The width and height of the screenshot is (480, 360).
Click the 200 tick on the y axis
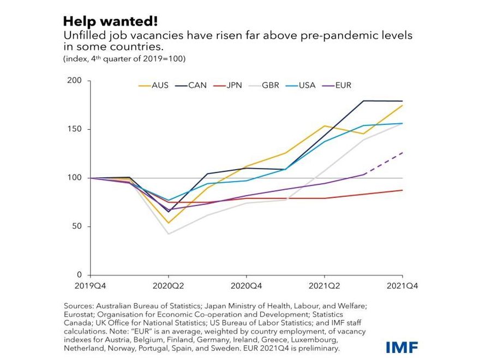[75, 81]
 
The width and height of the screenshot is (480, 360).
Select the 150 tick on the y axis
[75, 129]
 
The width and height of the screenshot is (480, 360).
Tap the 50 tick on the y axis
[77, 226]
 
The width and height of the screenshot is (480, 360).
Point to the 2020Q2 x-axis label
[168, 285]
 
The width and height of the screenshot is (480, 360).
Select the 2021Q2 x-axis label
[325, 285]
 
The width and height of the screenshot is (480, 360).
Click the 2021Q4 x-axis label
[403, 285]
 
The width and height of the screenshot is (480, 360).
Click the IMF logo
[403, 347]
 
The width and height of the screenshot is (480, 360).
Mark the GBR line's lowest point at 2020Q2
[168, 234]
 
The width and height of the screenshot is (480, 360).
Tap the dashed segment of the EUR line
[384, 164]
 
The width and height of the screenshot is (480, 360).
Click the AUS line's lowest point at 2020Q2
[168, 223]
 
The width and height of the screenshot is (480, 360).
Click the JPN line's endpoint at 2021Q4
[403, 190]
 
